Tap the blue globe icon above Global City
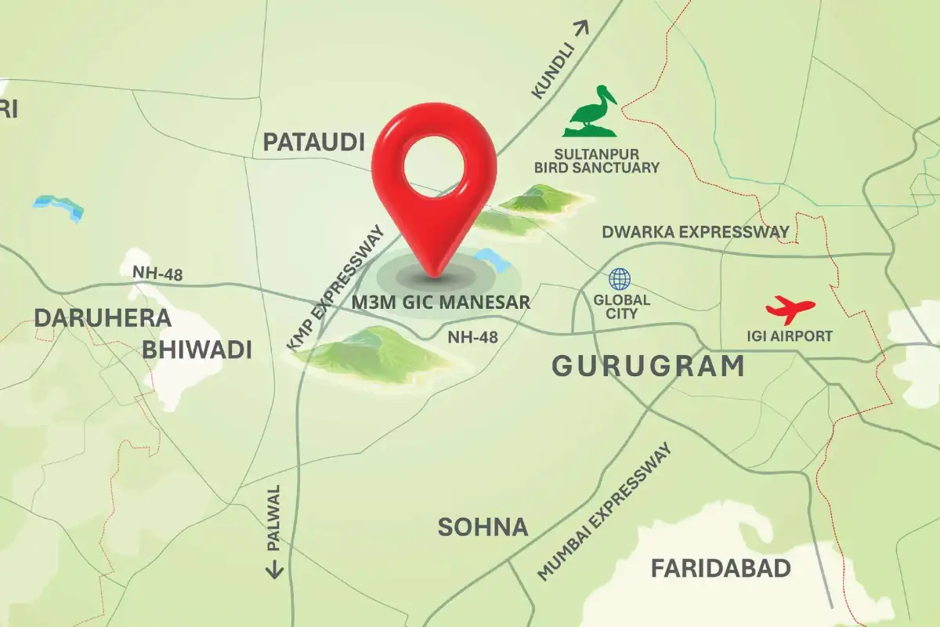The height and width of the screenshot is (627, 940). [x=620, y=278]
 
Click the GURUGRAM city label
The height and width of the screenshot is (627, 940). [x=649, y=366]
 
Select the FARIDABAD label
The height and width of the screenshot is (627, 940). [x=721, y=568]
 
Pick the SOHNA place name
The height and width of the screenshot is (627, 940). [x=483, y=527]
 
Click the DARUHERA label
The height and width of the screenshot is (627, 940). [x=103, y=318]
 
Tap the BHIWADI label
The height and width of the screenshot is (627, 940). [x=197, y=350]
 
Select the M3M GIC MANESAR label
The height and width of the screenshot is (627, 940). [x=441, y=302]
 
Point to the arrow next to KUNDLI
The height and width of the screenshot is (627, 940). [x=580, y=30]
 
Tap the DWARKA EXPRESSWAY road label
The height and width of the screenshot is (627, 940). [x=695, y=232]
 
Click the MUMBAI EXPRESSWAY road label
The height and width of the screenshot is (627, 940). [x=605, y=512]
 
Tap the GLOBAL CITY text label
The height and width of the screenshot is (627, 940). [x=621, y=306]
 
